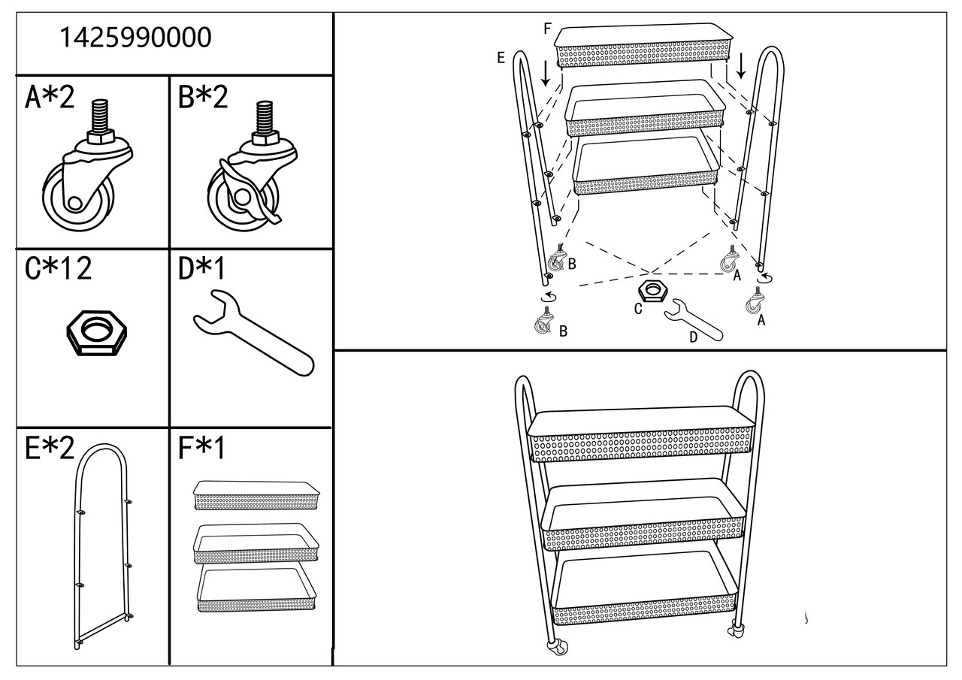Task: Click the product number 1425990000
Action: (x=135, y=37)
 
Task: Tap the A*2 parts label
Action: (x=50, y=97)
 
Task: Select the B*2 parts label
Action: (x=203, y=97)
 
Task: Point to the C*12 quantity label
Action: (x=58, y=268)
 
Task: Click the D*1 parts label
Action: (x=201, y=268)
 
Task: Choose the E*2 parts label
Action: (x=50, y=448)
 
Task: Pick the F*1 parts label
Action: (x=201, y=448)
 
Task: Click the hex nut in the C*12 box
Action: (x=97, y=333)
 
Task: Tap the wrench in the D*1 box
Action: (x=253, y=333)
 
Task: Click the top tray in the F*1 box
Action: (x=256, y=495)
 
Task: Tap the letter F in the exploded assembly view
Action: (x=547, y=29)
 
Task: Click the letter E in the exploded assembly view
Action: (x=501, y=58)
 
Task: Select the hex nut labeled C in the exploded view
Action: (x=653, y=291)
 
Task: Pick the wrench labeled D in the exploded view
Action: (x=694, y=321)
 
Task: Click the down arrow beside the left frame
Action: (x=546, y=74)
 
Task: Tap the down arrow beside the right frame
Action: (x=741, y=65)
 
